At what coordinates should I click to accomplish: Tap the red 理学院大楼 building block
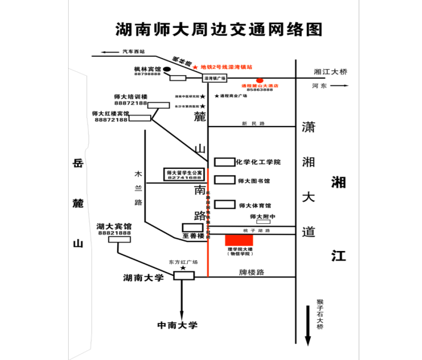(239, 240)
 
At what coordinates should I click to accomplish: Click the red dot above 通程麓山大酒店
(260, 80)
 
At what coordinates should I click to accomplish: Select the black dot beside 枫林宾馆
(167, 69)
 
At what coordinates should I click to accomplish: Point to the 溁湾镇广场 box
(214, 78)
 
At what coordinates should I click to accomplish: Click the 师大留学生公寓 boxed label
(184, 174)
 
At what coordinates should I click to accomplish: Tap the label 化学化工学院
(258, 162)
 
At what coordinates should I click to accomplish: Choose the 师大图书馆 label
(254, 181)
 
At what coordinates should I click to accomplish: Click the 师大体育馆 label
(255, 205)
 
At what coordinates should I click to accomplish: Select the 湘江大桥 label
(331, 71)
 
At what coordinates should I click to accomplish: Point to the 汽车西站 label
(134, 51)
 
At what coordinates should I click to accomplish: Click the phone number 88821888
(114, 233)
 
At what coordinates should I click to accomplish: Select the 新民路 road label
(254, 123)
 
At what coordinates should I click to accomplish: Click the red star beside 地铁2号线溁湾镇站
(196, 67)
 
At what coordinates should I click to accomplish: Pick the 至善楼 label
(194, 236)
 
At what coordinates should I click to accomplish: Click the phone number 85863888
(260, 90)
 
